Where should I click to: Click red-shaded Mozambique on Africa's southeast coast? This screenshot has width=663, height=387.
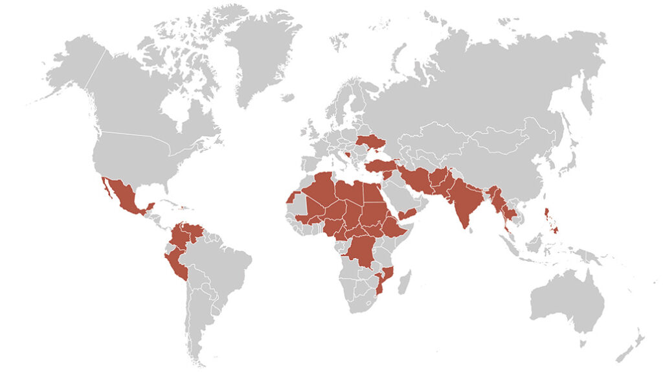[385, 282]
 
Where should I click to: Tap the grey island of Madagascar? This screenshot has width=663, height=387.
[404, 283]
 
